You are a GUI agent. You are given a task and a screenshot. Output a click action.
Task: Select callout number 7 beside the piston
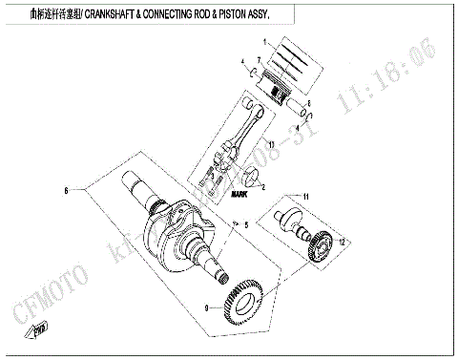tap(259, 59)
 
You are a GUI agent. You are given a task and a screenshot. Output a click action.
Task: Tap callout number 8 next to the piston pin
tap(309, 102)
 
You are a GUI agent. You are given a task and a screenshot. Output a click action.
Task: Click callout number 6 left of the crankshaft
tap(66, 191)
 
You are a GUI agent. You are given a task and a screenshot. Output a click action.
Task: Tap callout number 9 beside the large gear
tap(207, 307)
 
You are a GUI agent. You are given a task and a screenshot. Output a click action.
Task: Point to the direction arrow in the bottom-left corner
tap(41, 332)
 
